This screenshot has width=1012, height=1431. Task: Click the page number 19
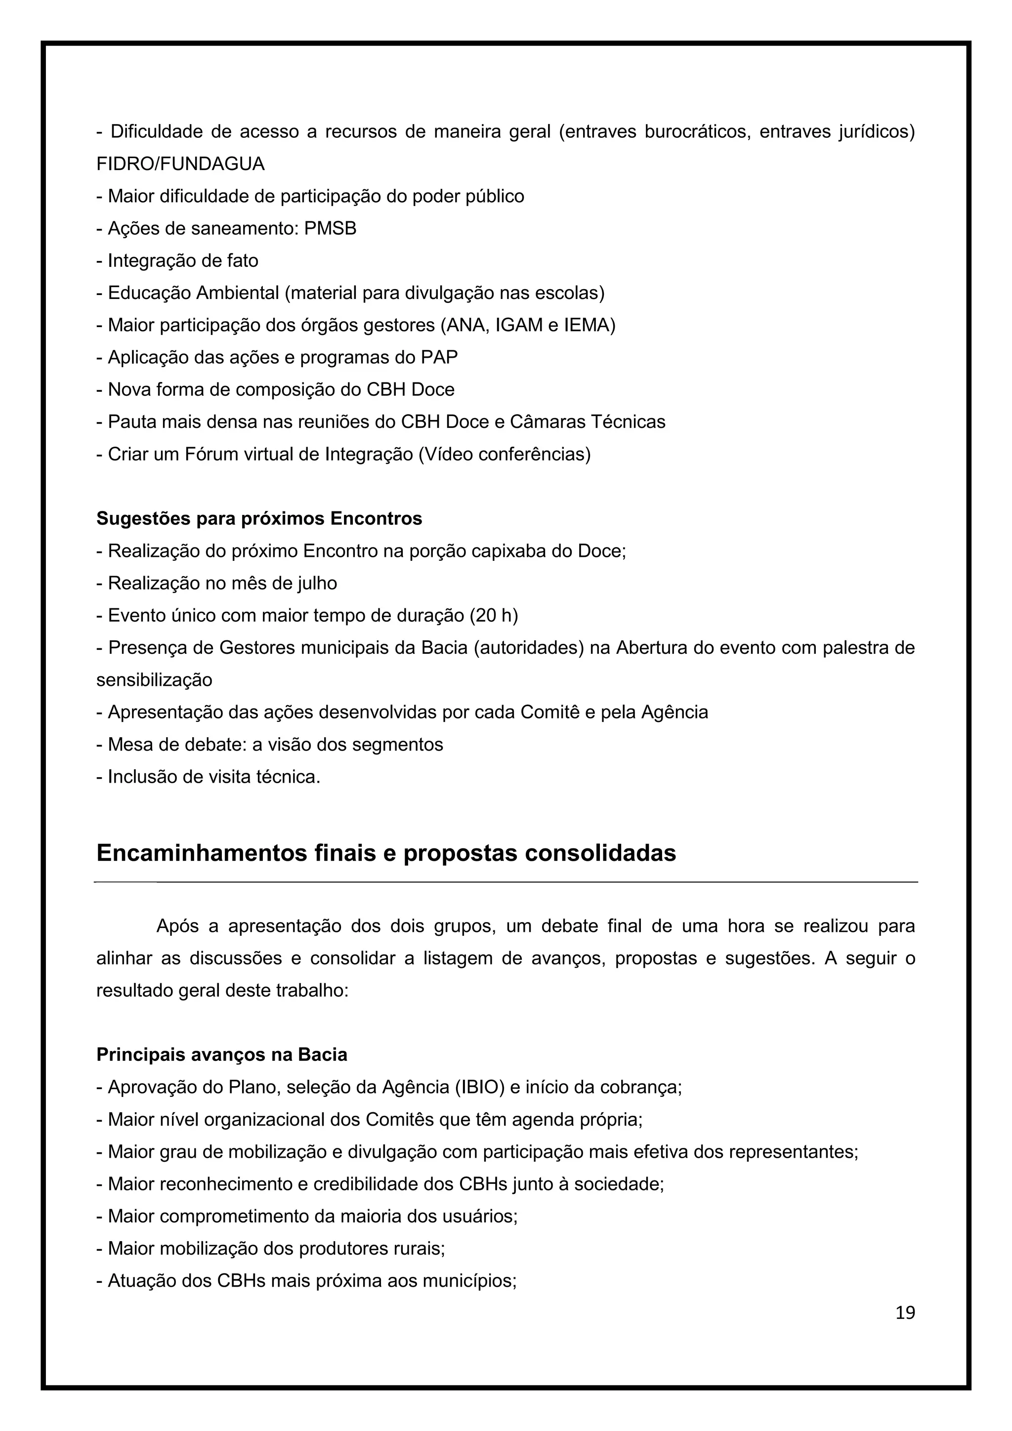coord(905,1313)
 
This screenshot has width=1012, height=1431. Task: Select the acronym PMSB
coord(330,229)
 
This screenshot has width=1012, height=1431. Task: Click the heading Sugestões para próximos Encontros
coord(259,518)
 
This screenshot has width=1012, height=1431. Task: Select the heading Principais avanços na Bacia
coord(222,1055)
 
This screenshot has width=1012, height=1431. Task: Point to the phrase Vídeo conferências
coord(504,455)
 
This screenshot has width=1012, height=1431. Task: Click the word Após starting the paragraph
coord(177,926)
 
